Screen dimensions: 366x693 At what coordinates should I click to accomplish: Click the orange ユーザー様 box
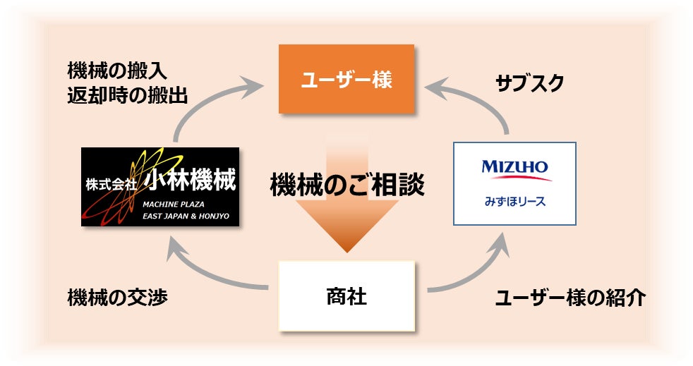[346, 79]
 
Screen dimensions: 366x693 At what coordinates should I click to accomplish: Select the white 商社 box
[346, 295]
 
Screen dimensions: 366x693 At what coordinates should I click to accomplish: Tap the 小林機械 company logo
[160, 186]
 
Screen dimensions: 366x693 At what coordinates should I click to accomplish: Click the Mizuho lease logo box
[514, 183]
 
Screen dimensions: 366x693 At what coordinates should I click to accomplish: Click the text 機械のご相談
[347, 185]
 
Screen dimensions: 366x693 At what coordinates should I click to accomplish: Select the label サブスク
[530, 83]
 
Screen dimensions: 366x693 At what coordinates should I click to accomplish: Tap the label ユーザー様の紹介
[570, 298]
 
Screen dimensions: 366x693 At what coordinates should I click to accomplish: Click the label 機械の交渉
[118, 297]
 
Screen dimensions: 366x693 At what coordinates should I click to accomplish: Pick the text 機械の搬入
[118, 71]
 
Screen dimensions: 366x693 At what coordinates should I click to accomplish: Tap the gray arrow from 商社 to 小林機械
[205, 272]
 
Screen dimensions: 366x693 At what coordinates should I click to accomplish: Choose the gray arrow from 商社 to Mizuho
[480, 272]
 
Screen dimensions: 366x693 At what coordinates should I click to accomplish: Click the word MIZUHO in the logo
[514, 167]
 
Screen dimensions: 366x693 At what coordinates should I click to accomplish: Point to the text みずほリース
[515, 202]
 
